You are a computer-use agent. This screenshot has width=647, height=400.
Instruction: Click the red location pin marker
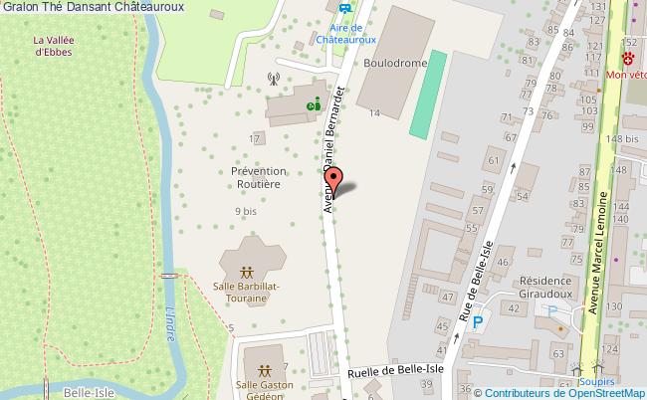point(336,181)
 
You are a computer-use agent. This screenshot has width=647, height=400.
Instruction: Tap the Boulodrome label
point(394,63)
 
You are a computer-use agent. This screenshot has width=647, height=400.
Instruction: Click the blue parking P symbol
point(478,322)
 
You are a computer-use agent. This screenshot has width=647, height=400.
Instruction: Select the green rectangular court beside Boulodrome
point(427,95)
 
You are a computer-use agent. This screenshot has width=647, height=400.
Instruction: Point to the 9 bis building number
point(246,211)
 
